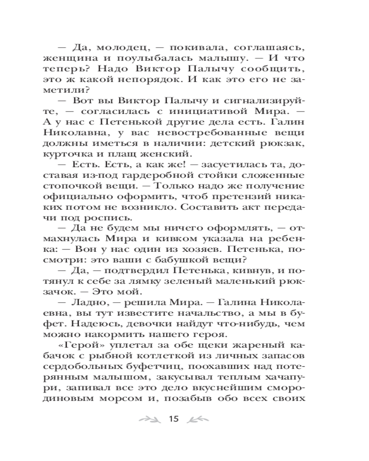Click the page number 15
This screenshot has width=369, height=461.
pos(173,419)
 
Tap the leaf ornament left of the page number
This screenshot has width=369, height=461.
pos(149,419)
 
